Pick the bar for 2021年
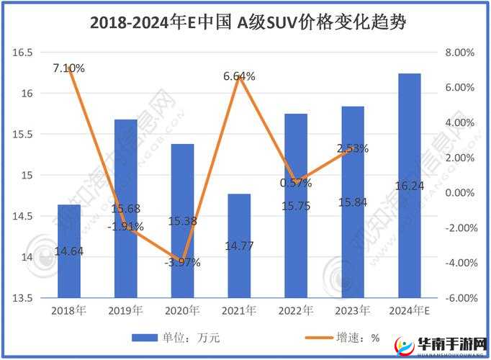[239, 246]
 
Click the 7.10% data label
[68, 68]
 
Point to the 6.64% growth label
[239, 76]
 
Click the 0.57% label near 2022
[295, 183]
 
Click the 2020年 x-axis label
[182, 311]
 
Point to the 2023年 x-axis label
[353, 311]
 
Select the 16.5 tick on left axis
[24, 53]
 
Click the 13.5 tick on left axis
[24, 298]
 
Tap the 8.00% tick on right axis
[460, 53]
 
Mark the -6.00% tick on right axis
[459, 298]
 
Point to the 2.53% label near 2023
[353, 148]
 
